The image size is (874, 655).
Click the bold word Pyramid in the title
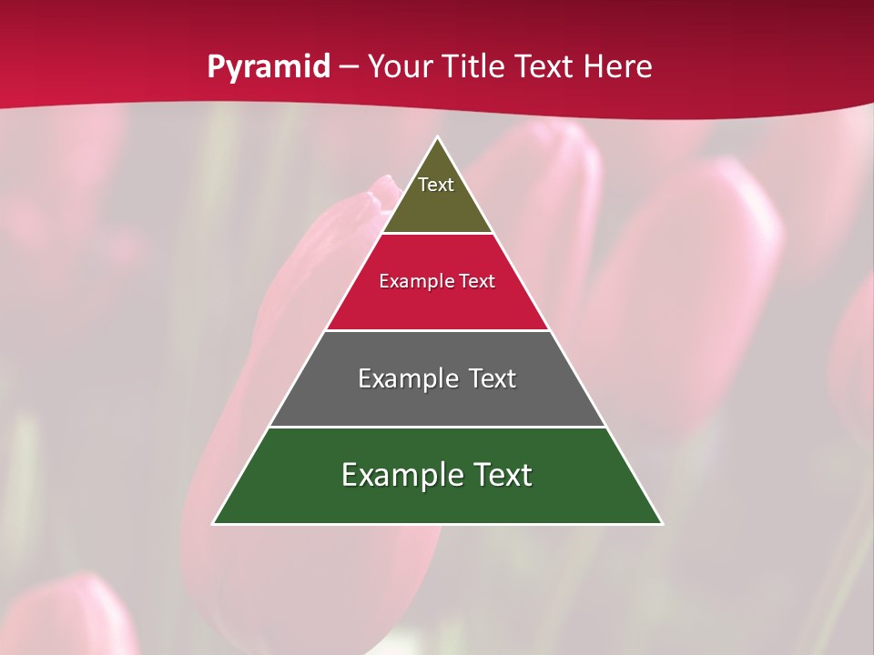pos(268,67)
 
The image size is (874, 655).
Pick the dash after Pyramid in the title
pos(349,67)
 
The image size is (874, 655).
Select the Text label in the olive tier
pos(436,185)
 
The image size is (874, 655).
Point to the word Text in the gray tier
pos(493,378)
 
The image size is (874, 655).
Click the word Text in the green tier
pos(501,475)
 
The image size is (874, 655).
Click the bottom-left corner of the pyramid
pos(214,523)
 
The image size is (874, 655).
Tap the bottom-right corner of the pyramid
pos(662,523)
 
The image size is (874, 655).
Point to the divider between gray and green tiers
pos(437,427)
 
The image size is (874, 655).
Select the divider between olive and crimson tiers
pos(437,234)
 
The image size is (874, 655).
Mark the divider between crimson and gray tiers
pos(437,330)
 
